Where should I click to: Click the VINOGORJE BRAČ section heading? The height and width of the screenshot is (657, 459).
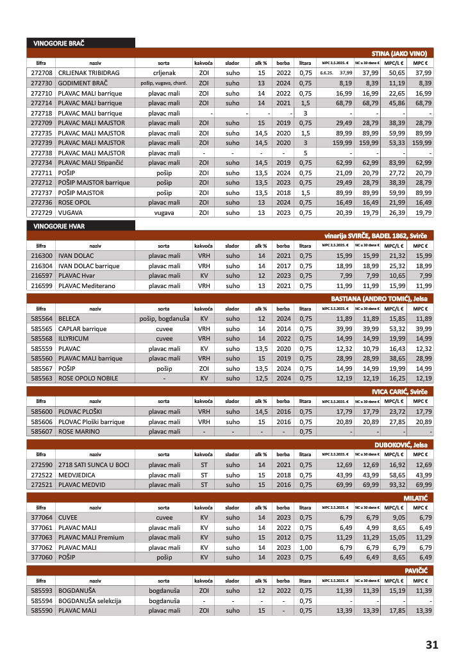pyautogui.click(x=59, y=43)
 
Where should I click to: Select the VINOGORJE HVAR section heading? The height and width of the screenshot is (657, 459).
pyautogui.click(x=59, y=226)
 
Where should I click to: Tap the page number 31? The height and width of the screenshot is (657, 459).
pyautogui.click(x=431, y=644)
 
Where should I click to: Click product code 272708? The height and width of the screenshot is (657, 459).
pyautogui.click(x=41, y=73)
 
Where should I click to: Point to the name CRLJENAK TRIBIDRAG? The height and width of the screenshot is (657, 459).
pyautogui.click(x=89, y=73)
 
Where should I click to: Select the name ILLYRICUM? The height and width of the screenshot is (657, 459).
pyautogui.click(x=75, y=339)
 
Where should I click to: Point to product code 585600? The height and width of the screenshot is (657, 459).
pyautogui.click(x=41, y=412)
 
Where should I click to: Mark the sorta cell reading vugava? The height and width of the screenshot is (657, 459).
pyautogui.click(x=164, y=212)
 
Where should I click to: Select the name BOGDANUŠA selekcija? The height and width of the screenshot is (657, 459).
pyautogui.click(x=92, y=601)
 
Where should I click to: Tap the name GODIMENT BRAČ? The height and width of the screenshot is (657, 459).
pyautogui.click(x=83, y=83)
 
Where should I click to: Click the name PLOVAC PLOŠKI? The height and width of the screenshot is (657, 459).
pyautogui.click(x=84, y=412)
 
